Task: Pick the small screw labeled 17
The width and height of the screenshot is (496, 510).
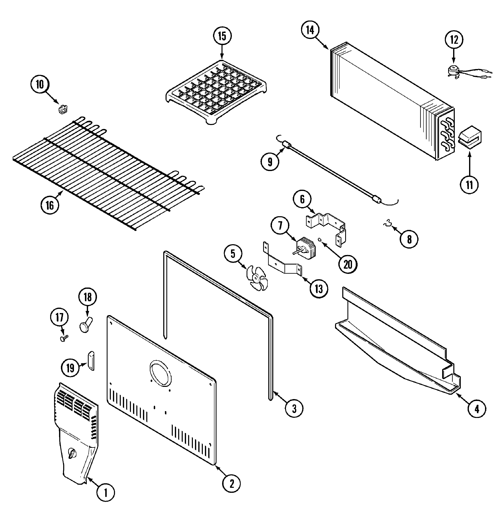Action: pyautogui.click(x=63, y=338)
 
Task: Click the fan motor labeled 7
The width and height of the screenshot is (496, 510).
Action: pyautogui.click(x=306, y=248)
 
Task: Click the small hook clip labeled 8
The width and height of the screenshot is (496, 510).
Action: pyautogui.click(x=388, y=223)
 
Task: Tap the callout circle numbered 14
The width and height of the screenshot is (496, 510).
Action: pyautogui.click(x=310, y=30)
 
